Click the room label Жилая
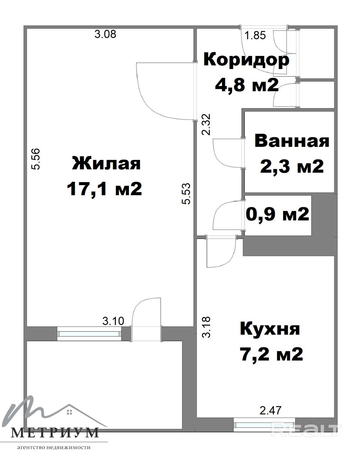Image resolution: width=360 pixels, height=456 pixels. [x=106, y=163]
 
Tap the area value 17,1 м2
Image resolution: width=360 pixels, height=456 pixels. [x=104, y=189]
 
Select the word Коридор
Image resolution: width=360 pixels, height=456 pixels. [x=246, y=61]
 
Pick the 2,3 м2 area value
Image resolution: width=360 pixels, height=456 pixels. [x=292, y=166]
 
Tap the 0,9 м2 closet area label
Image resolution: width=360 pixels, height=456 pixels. [x=277, y=214]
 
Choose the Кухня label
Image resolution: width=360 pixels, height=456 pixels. [x=270, y=329]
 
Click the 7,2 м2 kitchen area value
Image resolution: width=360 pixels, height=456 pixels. [x=271, y=354]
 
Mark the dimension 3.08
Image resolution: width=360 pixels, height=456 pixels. [x=105, y=34]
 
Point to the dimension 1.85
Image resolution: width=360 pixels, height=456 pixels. [x=255, y=35]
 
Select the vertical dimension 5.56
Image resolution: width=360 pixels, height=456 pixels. [x=35, y=159]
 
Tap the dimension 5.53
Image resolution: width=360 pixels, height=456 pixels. [x=186, y=193]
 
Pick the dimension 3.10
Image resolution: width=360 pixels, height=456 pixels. [x=113, y=321]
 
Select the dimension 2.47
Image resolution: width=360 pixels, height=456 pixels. [x=271, y=410]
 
